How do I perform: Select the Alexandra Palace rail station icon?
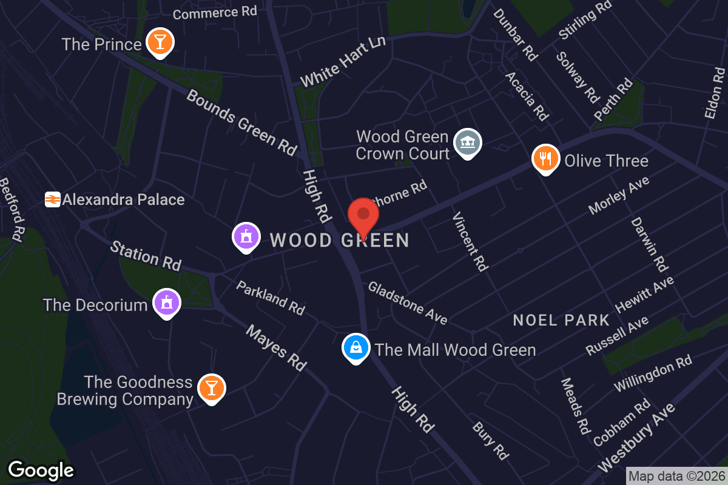pos(52,199)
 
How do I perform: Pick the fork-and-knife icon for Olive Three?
pos(545,158)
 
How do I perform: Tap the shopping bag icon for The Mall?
pos(356,348)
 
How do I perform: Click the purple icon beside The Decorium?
pos(166,302)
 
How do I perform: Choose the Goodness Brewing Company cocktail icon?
pos(211,388)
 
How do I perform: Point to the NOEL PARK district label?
pos(561,320)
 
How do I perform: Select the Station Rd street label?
pos(146,255)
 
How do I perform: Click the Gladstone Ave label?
pos(408,303)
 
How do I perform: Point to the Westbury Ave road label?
pos(635,436)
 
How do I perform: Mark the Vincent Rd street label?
pos(470,242)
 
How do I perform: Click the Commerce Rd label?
pos(215,12)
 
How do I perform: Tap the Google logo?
pos(41,470)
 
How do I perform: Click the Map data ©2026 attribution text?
pos(676,477)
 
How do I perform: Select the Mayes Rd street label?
pos(276,347)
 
